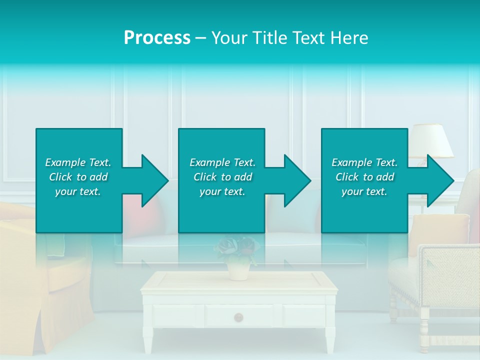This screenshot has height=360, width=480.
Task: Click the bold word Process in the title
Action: [x=157, y=38]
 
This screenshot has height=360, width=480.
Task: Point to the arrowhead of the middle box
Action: [x=297, y=181]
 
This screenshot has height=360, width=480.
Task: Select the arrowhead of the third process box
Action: [x=440, y=181]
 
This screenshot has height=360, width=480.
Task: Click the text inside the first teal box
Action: [x=78, y=177]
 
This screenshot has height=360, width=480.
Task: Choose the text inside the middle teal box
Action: [x=222, y=177]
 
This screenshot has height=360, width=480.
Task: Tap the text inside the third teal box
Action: [x=364, y=177]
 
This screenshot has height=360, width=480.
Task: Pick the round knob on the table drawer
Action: [x=239, y=317]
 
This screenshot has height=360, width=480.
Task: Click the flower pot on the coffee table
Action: [x=238, y=270]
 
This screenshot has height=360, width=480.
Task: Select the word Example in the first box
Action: [x=65, y=162]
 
